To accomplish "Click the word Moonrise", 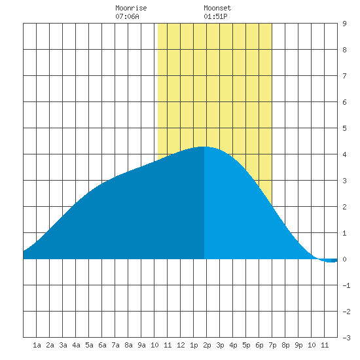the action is pyautogui.click(x=131, y=8).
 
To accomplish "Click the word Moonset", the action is pyautogui.click(x=217, y=8).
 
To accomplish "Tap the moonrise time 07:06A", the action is pyautogui.click(x=127, y=16).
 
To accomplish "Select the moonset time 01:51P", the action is pyautogui.click(x=215, y=16).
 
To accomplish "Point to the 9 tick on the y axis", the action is pyautogui.click(x=344, y=24).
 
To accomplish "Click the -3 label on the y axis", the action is pyautogui.click(x=346, y=338).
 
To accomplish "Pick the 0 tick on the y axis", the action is pyautogui.click(x=344, y=259).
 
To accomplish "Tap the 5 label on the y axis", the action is pyautogui.click(x=344, y=128).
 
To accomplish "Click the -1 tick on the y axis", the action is pyautogui.click(x=346, y=285).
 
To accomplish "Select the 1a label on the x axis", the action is pyautogui.click(x=37, y=345).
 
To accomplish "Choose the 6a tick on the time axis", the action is pyautogui.click(x=102, y=345).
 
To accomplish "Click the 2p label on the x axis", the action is pyautogui.click(x=207, y=345).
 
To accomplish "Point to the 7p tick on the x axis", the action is pyautogui.click(x=272, y=345).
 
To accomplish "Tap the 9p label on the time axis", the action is pyautogui.click(x=298, y=345).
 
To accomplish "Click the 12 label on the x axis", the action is pyautogui.click(x=181, y=345).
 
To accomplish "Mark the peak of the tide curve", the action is pyautogui.click(x=204, y=147).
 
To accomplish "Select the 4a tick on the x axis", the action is pyautogui.click(x=76, y=345).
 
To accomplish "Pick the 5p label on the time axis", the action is pyautogui.click(x=246, y=345).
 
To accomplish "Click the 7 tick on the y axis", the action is pyautogui.click(x=344, y=76).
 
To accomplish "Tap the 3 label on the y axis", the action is pyautogui.click(x=344, y=181).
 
